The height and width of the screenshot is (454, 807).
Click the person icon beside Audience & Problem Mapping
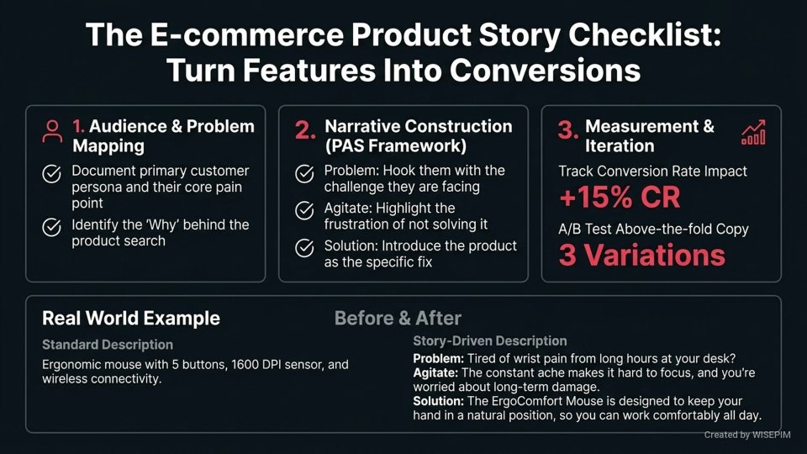pos(53,131)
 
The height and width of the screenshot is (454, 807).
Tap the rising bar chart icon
pos(752,132)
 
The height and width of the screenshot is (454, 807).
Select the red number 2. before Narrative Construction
pos(304,131)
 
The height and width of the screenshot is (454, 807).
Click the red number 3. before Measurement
pos(568,131)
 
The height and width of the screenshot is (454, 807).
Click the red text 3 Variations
pos(641,256)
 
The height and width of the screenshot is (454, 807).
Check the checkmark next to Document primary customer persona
pos(51,175)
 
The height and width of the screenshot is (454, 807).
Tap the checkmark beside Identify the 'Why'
pos(51,228)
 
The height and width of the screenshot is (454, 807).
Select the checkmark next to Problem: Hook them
pos(304,175)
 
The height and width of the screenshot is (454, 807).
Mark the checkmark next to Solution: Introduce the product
pos(304,249)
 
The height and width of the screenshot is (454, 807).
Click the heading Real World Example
pos(131,319)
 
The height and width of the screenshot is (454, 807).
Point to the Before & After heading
pos(398,319)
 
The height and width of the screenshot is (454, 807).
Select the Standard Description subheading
pos(108,345)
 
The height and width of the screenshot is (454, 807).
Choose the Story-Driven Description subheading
pos(489,340)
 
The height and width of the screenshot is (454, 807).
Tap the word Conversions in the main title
pos(544,71)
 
